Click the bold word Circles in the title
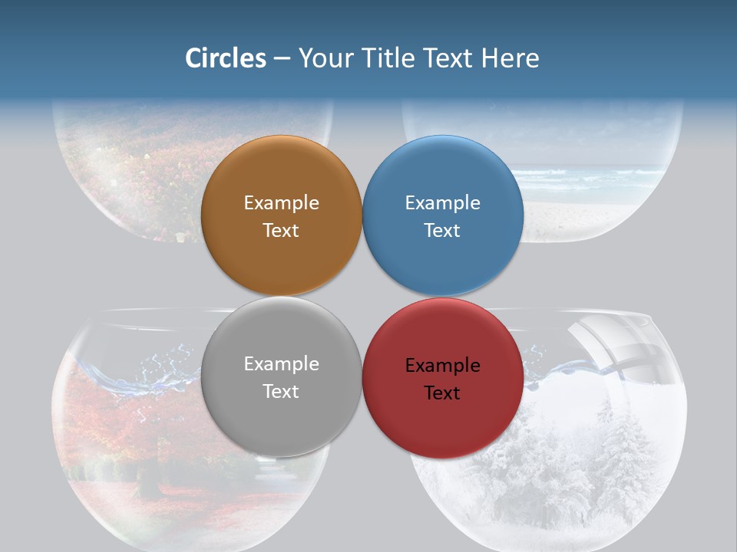(x=225, y=58)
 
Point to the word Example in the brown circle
(x=281, y=203)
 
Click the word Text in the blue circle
(x=442, y=231)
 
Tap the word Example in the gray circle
(x=281, y=364)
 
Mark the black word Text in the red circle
(x=442, y=393)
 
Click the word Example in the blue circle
(x=442, y=203)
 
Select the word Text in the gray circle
(x=281, y=392)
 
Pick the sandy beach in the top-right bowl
(x=591, y=219)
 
